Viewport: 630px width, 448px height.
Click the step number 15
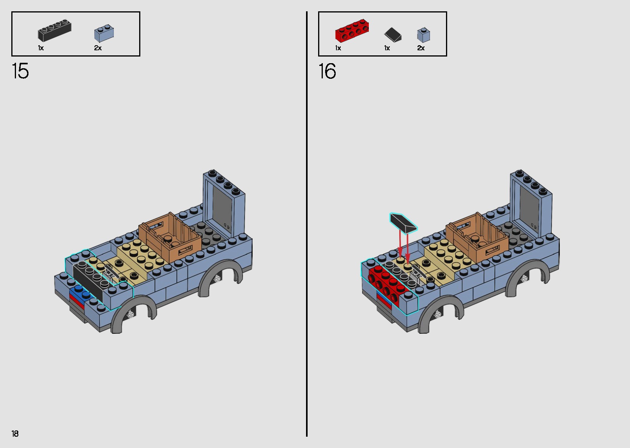20,71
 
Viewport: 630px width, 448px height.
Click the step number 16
327,71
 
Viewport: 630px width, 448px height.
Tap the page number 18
15,434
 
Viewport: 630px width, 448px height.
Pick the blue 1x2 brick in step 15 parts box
104,34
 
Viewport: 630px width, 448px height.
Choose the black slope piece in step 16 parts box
393,35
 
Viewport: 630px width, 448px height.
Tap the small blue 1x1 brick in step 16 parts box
423,35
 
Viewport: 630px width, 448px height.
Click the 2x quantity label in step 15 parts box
98,48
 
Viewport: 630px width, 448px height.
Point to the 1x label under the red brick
338,48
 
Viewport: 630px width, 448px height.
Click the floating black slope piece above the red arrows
403,223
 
